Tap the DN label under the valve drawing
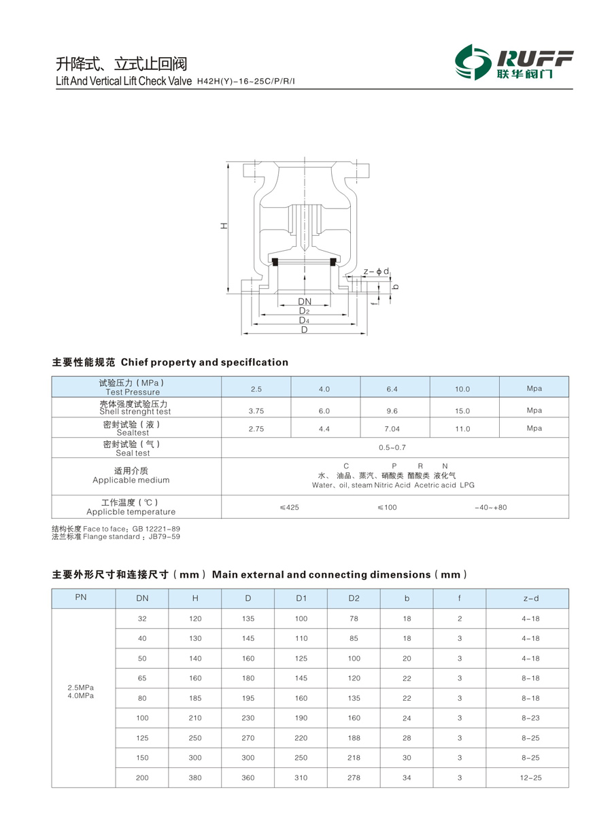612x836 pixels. tap(305, 301)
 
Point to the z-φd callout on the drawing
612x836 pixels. tap(376, 272)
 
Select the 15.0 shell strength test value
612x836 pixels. tap(462, 411)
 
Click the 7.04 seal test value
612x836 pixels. tap(392, 429)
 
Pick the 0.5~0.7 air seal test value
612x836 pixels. tap(392, 447)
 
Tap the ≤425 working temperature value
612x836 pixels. tap(289, 508)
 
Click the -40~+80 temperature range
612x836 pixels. tap(491, 508)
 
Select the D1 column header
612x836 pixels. tap(301, 598)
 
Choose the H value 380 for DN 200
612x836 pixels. tap(195, 778)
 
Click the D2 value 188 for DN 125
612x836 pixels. tap(354, 738)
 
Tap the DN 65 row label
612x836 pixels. tap(142, 678)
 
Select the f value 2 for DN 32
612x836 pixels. tap(460, 619)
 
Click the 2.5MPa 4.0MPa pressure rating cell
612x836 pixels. tap(81, 691)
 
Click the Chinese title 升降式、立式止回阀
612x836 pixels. tap(121, 65)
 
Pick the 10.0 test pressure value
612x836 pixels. tap(462, 389)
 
